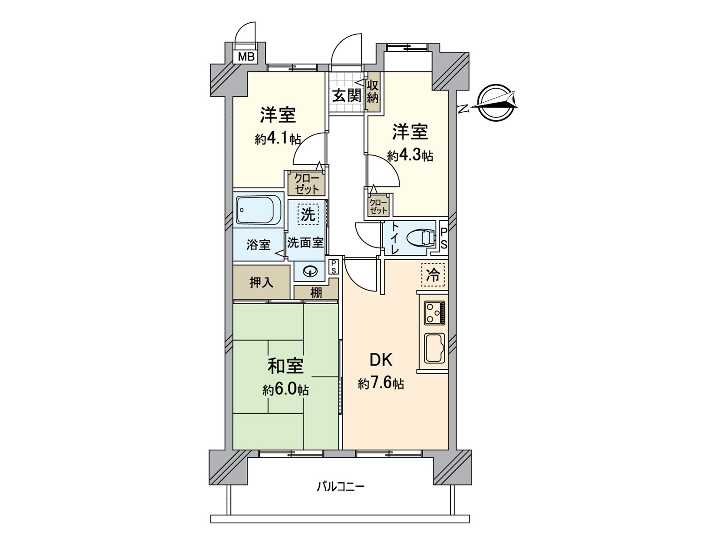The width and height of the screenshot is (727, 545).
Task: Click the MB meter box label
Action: pyautogui.click(x=246, y=57)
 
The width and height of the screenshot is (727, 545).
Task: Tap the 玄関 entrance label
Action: pyautogui.click(x=347, y=96)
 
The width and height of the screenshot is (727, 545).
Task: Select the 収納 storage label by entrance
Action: pyautogui.click(x=373, y=91)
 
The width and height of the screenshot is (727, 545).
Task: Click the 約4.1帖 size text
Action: pyautogui.click(x=278, y=139)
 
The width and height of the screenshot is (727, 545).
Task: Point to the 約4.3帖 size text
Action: pyautogui.click(x=410, y=156)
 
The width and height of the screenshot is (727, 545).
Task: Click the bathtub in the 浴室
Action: pyautogui.click(x=258, y=210)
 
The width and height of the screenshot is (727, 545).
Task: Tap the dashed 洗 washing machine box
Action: pyautogui.click(x=308, y=214)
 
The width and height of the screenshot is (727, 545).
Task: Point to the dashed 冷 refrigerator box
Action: pyautogui.click(x=433, y=275)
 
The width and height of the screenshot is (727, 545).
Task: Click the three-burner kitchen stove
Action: pyautogui.click(x=435, y=313)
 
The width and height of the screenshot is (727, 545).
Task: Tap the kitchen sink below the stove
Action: pyautogui.click(x=435, y=347)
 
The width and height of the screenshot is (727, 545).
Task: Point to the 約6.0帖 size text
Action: pyautogui.click(x=285, y=390)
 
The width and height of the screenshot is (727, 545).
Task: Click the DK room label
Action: pyautogui.click(x=381, y=360)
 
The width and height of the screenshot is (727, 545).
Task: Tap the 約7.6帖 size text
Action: pyautogui.click(x=381, y=384)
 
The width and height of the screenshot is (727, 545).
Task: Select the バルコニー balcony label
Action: pyautogui.click(x=340, y=487)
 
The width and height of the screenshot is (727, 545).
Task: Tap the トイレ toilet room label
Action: pyautogui.click(x=394, y=238)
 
